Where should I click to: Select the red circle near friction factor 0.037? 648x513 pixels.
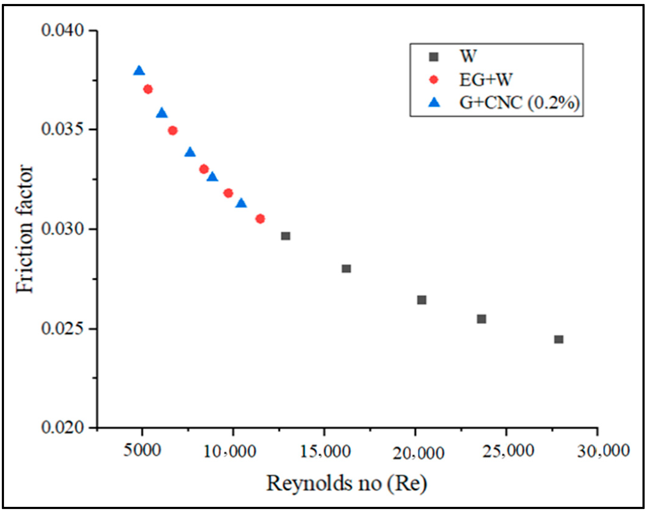coord(148,90)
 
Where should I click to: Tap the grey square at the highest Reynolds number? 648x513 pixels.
coord(558,339)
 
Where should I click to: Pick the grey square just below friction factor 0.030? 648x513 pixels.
coord(285,236)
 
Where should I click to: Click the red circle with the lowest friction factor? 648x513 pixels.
coord(260,219)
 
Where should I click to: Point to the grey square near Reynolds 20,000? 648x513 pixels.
coord(422,300)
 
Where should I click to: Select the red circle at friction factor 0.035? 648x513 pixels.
coord(173,131)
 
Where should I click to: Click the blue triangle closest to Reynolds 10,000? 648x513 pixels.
coord(241,203)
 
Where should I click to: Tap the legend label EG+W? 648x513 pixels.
coord(486,80)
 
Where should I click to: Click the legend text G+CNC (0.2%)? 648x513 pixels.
coord(519,103)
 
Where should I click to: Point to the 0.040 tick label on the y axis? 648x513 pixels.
coord(63,31)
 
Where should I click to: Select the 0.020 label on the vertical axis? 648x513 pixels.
coord(63,427)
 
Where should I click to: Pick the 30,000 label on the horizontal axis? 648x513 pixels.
coord(603,451)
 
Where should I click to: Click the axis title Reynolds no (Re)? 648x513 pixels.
coord(346,484)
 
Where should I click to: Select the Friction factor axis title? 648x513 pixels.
coord(25,229)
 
